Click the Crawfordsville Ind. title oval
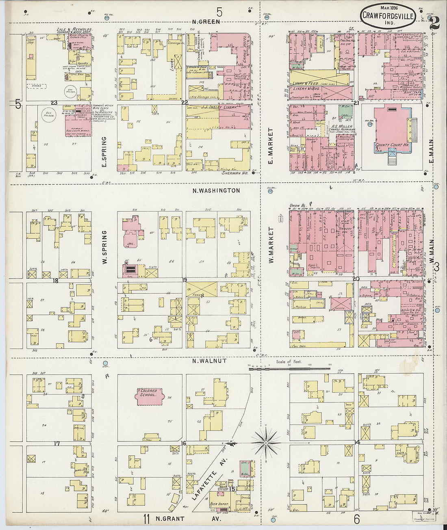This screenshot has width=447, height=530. [388, 16]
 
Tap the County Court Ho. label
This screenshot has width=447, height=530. [389, 145]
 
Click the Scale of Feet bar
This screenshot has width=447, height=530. [289, 368]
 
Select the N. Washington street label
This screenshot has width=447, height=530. [216, 190]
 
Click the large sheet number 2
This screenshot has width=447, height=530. [434, 22]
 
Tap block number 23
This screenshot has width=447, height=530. [54, 103]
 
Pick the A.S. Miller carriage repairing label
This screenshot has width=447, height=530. [343, 128]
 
